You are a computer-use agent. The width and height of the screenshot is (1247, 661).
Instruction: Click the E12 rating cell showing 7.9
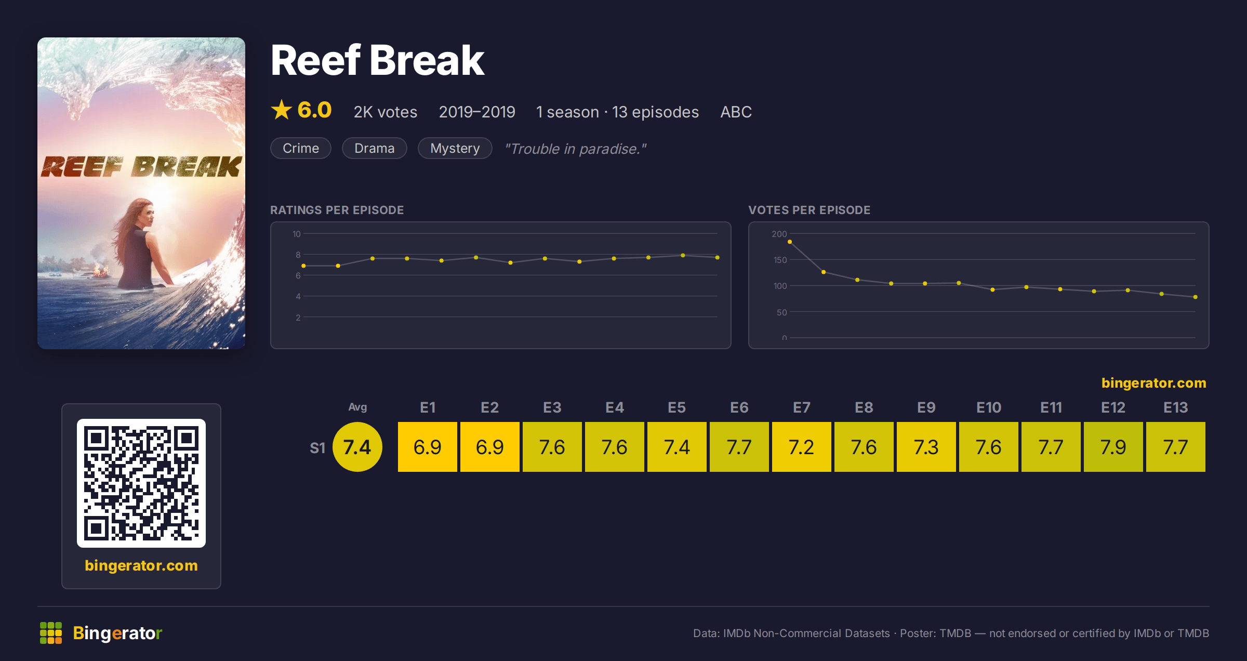coord(1113,447)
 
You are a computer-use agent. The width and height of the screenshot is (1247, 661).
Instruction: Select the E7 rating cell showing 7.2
coord(801,447)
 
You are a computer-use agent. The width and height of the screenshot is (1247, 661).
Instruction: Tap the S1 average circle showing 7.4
coord(357,447)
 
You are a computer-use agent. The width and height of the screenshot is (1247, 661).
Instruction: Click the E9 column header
coord(926,407)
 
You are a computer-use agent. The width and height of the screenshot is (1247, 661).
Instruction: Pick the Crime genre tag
coord(301,148)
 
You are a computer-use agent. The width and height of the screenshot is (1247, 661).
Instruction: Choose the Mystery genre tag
coord(455,148)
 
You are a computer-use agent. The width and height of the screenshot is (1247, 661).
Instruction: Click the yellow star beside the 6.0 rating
coord(282,110)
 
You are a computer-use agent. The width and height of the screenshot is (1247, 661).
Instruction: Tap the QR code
coord(141,483)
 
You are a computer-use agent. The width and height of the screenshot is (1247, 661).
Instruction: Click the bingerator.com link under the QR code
coord(141,565)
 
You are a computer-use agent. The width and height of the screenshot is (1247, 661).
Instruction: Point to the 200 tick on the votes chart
coord(779,234)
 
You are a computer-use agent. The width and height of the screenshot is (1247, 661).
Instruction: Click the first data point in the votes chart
coord(790,242)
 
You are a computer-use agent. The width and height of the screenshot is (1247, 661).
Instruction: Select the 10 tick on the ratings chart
coord(297,234)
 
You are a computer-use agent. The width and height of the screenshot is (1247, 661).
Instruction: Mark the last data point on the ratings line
coord(717,257)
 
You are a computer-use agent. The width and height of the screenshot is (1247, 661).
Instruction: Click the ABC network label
coord(736,112)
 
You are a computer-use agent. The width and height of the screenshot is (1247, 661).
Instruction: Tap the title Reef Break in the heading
coord(378,60)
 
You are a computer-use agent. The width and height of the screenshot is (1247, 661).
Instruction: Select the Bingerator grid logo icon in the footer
coord(51,633)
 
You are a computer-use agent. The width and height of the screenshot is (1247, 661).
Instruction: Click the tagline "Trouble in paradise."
coord(576,149)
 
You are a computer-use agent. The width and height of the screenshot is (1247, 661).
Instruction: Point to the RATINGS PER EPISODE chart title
coord(337,210)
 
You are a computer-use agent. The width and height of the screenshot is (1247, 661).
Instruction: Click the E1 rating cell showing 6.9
coord(427,447)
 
